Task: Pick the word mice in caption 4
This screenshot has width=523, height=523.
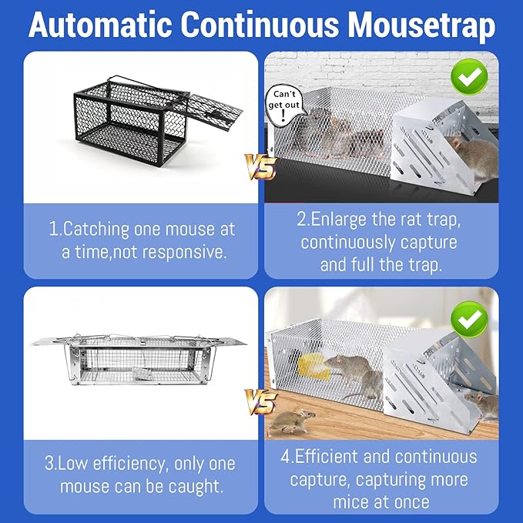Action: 349,502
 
